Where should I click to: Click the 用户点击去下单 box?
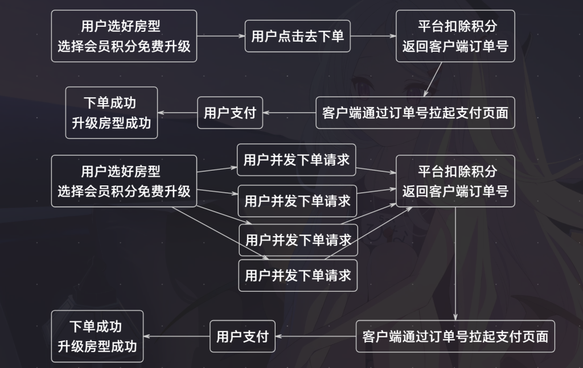coord(298,36)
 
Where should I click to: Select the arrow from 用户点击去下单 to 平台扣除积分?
coord(373,36)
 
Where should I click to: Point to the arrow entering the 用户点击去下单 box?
coord(221,36)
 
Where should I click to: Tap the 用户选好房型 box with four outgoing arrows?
coord(124,180)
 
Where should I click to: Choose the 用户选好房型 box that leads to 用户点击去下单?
coord(124,36)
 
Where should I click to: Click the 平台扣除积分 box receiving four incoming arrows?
coord(455,180)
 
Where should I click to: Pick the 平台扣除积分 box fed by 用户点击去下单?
coord(455,36)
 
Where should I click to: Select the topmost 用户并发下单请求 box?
coord(296,160)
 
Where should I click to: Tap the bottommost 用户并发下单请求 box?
coord(298,275)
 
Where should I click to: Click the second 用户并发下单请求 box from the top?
coord(297,201)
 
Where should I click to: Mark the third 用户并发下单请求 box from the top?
coord(298,239)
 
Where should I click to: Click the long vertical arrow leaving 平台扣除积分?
coord(455,262)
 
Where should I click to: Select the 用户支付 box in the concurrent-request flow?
coord(242,336)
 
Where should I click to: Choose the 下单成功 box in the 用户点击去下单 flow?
coord(112,112)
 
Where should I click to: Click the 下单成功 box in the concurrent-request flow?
coord(97,336)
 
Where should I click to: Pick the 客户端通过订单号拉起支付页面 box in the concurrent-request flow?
coord(455,336)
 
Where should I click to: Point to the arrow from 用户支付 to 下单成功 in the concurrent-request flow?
coord(176,336)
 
